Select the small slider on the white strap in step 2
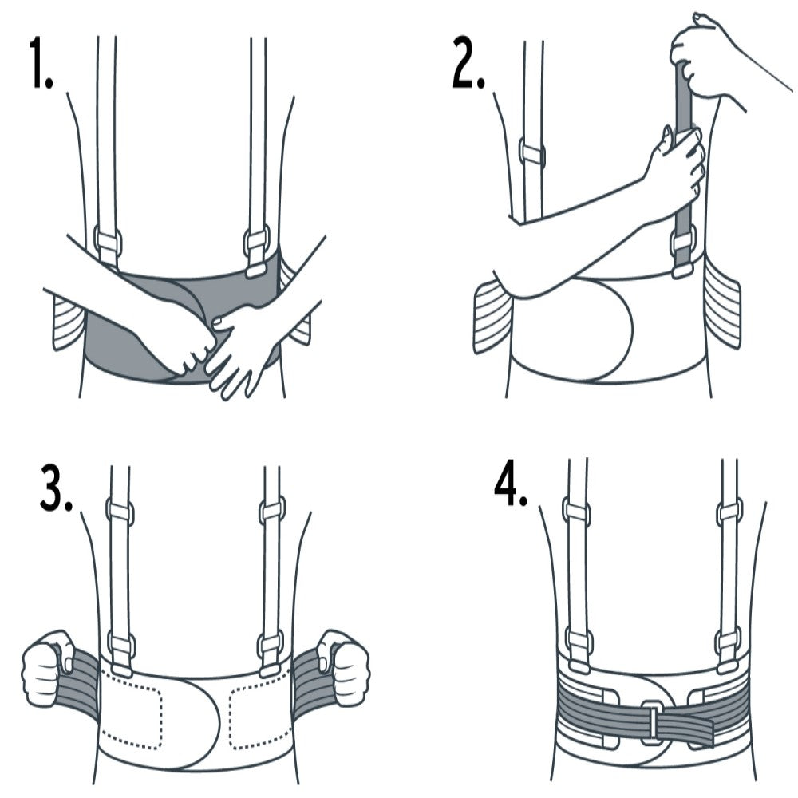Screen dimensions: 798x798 pos(532,151)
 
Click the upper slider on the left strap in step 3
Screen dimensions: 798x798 pos(120,511)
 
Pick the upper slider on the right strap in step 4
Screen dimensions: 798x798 pos(729,511)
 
